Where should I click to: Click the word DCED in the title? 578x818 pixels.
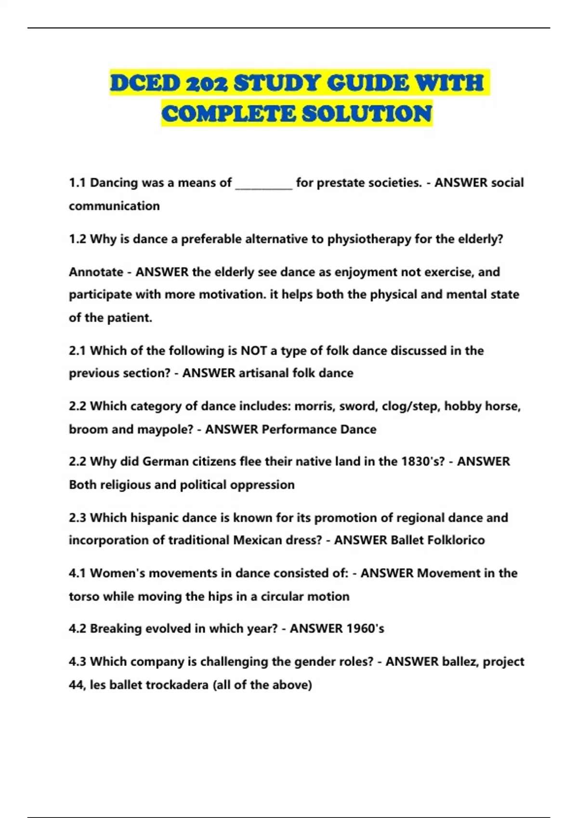click(144, 83)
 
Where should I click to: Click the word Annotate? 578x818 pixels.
click(96, 272)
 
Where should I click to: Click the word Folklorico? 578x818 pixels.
click(456, 540)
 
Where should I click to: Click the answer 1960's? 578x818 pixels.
click(360, 629)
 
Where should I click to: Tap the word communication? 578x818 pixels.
click(114, 206)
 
